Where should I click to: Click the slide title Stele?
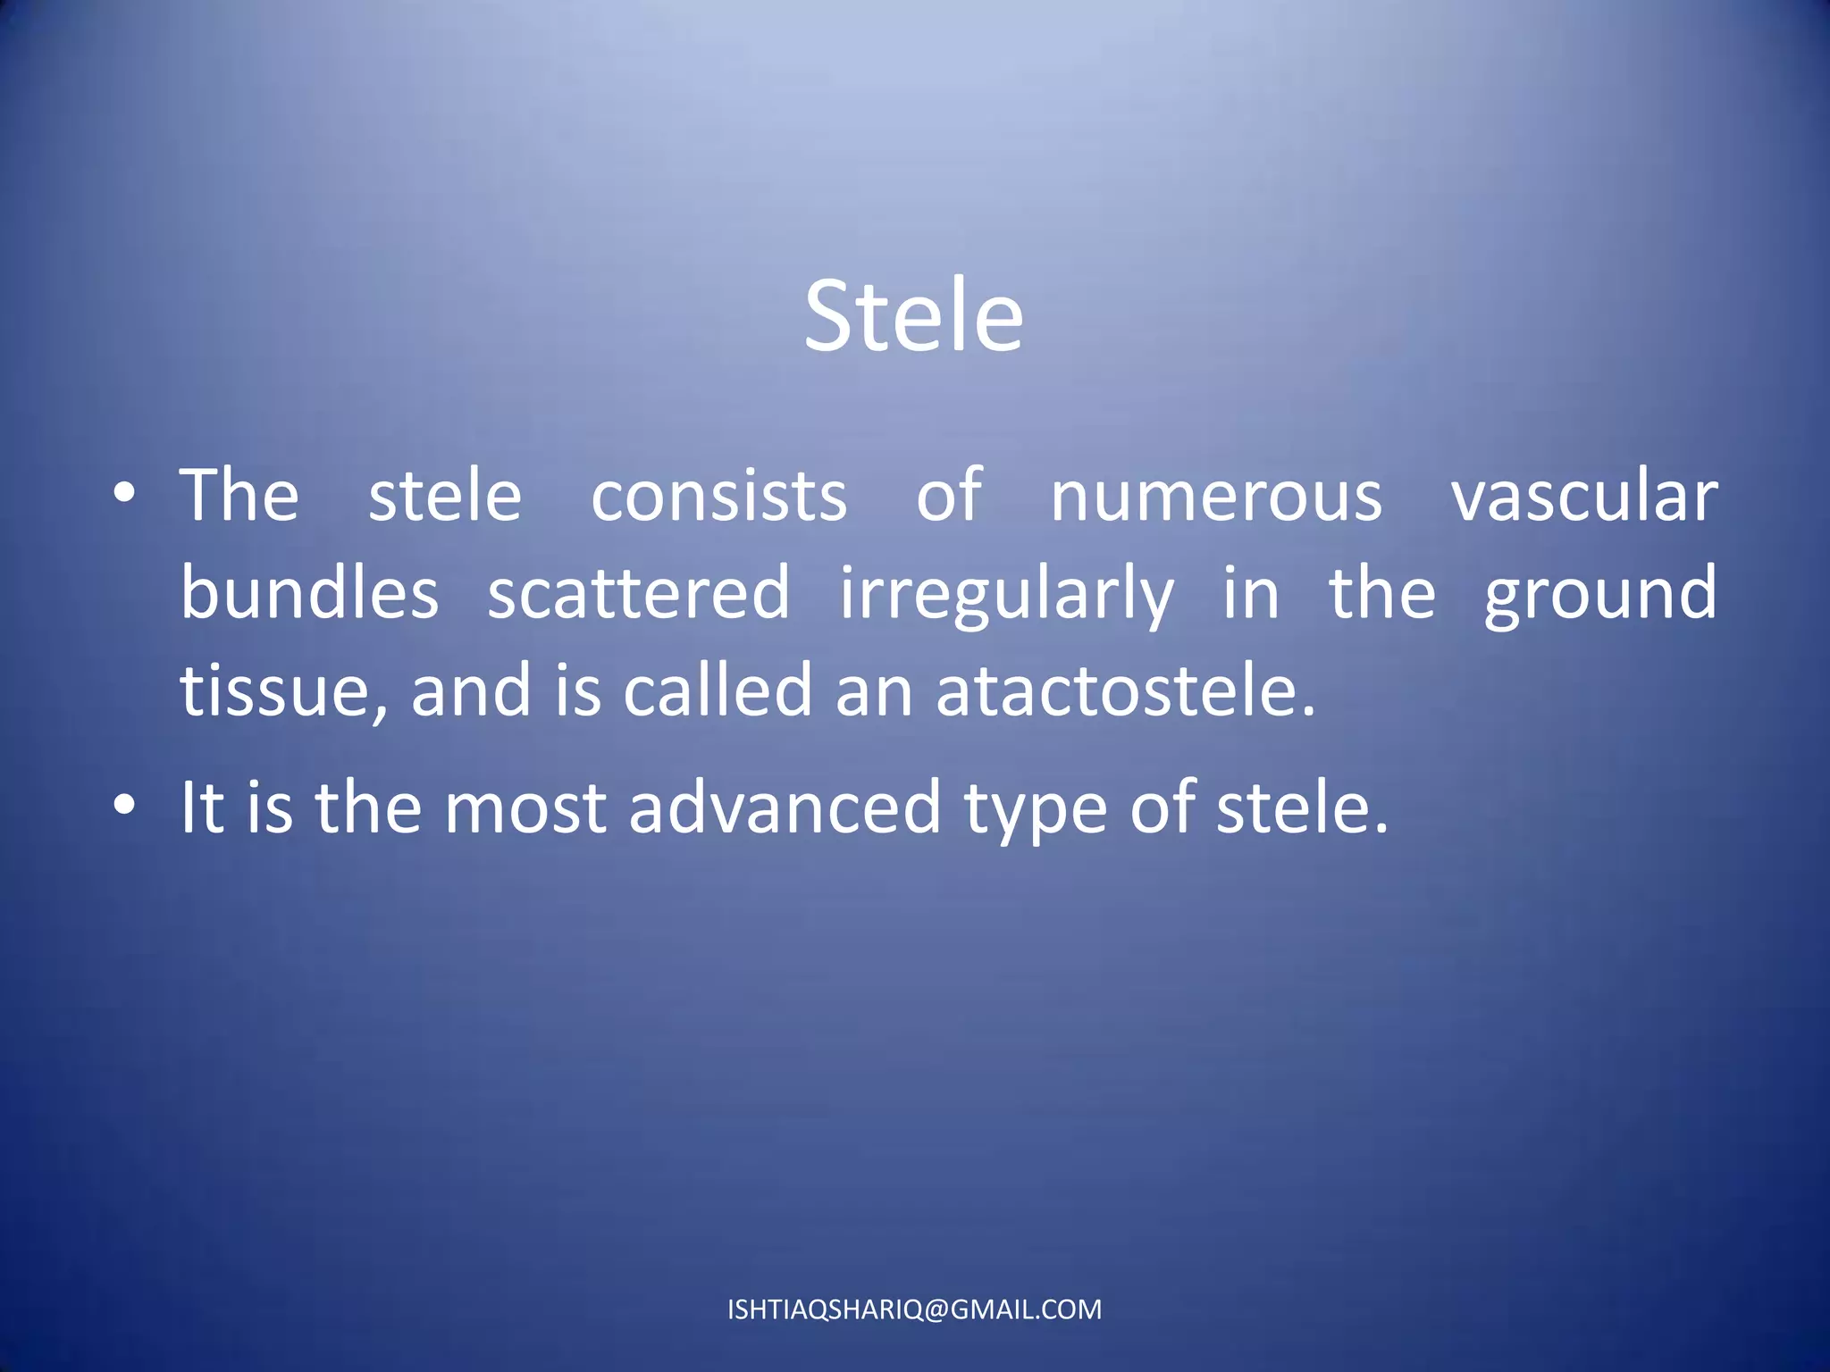pos(913,316)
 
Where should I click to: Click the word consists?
pos(718,497)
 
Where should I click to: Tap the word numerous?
pos(1215,497)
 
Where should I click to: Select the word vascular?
pos(1583,497)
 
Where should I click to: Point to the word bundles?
pos(309,593)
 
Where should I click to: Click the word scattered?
pos(638,593)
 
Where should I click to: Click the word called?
pos(717,690)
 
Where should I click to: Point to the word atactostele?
pos(1126,691)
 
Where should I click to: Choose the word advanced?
pos(785,807)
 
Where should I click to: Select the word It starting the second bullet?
pos(202,807)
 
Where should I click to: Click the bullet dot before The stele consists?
pos(125,493)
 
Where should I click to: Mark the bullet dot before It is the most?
pos(125,806)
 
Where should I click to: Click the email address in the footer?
pos(914,1309)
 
